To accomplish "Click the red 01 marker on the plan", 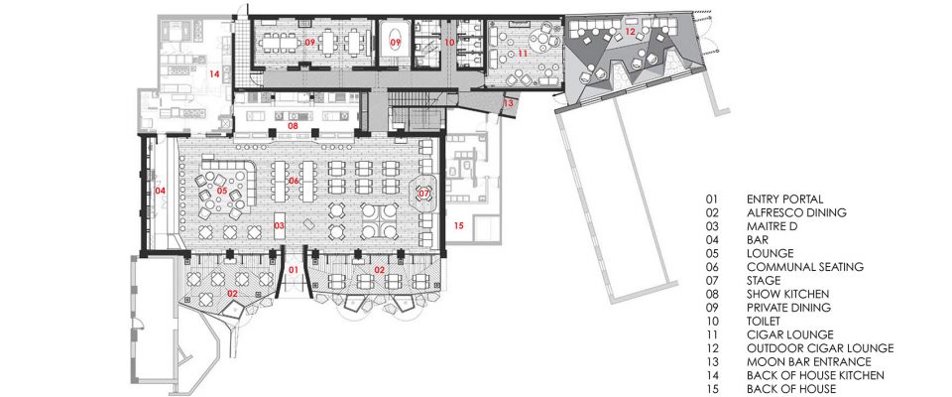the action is click(293, 269).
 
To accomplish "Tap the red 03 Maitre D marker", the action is click(280, 225).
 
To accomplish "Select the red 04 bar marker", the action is click(161, 191).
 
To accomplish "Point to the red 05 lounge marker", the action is click(221, 191).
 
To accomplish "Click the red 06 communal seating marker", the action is click(294, 181).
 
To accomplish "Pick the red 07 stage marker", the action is click(423, 194).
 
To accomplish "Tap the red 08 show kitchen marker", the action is click(293, 126).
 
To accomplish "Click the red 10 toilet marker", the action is click(449, 43).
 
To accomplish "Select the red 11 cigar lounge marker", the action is click(523, 54).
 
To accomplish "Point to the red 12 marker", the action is click(631, 31).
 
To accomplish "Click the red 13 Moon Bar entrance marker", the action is click(509, 103).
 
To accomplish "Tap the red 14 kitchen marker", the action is click(214, 74).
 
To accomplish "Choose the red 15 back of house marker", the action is click(458, 225).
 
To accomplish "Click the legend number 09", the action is click(712, 308).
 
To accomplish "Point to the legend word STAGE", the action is click(764, 281).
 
